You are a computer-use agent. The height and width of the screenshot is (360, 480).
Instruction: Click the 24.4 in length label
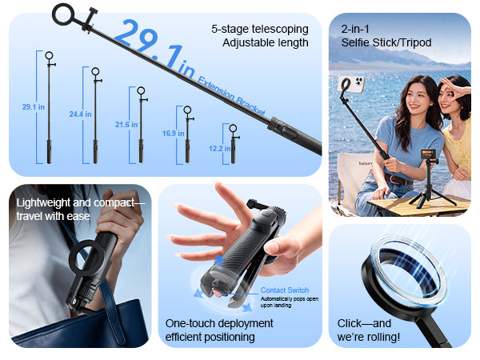80,114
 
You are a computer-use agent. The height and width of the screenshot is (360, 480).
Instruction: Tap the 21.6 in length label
126,125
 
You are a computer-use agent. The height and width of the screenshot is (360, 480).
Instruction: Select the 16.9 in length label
173,133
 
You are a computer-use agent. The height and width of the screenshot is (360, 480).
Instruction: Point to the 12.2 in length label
220,149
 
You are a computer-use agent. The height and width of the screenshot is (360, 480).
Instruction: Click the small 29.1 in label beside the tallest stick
33,107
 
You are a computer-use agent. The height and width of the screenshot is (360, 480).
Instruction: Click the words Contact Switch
285,290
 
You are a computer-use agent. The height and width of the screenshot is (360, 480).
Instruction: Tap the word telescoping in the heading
280,30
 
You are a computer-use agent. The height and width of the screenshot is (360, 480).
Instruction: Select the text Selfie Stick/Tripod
386,42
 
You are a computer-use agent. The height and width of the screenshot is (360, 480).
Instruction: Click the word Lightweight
43,202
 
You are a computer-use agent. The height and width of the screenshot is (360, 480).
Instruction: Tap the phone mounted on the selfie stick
351,84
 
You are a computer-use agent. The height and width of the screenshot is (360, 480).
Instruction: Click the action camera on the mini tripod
429,154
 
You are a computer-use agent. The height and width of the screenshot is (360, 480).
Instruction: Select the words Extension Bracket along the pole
231,96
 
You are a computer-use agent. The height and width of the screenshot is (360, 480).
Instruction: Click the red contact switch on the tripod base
218,294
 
